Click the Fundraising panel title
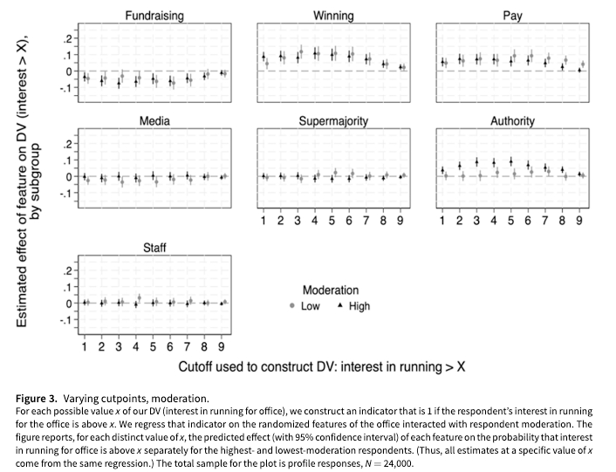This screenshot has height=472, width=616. pos(154,16)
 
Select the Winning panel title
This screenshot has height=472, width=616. pos(333,16)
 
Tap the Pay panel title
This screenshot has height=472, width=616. pos(512,16)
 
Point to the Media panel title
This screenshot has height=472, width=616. pos(154,120)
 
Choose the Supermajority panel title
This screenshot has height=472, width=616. pos(333,120)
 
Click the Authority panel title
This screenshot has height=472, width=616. pos(512,120)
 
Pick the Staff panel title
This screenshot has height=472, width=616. pos(154,249)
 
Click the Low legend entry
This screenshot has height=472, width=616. pos(305,306)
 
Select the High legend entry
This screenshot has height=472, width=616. pos(354,306)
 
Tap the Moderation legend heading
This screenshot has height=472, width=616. pos(330,290)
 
